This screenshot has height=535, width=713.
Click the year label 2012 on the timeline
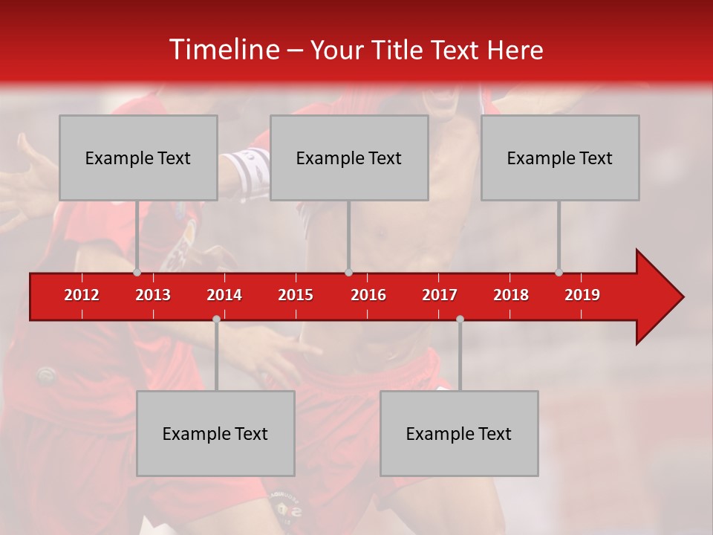tap(82, 295)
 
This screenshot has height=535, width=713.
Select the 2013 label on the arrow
tap(153, 295)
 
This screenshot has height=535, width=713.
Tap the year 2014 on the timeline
tap(224, 295)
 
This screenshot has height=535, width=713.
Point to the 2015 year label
tap(296, 295)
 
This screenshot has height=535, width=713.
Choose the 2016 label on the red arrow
tap(368, 295)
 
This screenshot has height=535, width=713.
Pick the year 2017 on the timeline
tap(440, 295)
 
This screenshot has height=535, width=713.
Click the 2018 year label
tap(511, 295)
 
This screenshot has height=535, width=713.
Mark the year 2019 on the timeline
tap(582, 295)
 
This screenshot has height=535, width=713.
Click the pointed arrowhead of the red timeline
tap(661, 296)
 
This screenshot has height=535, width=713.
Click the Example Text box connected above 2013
tap(138, 158)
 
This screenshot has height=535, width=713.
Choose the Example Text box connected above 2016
tap(349, 158)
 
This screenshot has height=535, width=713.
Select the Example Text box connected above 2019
tap(560, 158)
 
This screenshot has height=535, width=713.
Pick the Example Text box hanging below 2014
tap(215, 433)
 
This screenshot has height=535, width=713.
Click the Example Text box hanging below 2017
tap(459, 433)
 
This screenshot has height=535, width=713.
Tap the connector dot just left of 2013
tap(137, 272)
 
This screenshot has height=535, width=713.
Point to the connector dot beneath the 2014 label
tap(216, 319)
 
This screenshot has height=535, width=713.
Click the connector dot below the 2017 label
tap(460, 319)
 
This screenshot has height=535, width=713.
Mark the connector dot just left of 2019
tap(559, 272)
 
